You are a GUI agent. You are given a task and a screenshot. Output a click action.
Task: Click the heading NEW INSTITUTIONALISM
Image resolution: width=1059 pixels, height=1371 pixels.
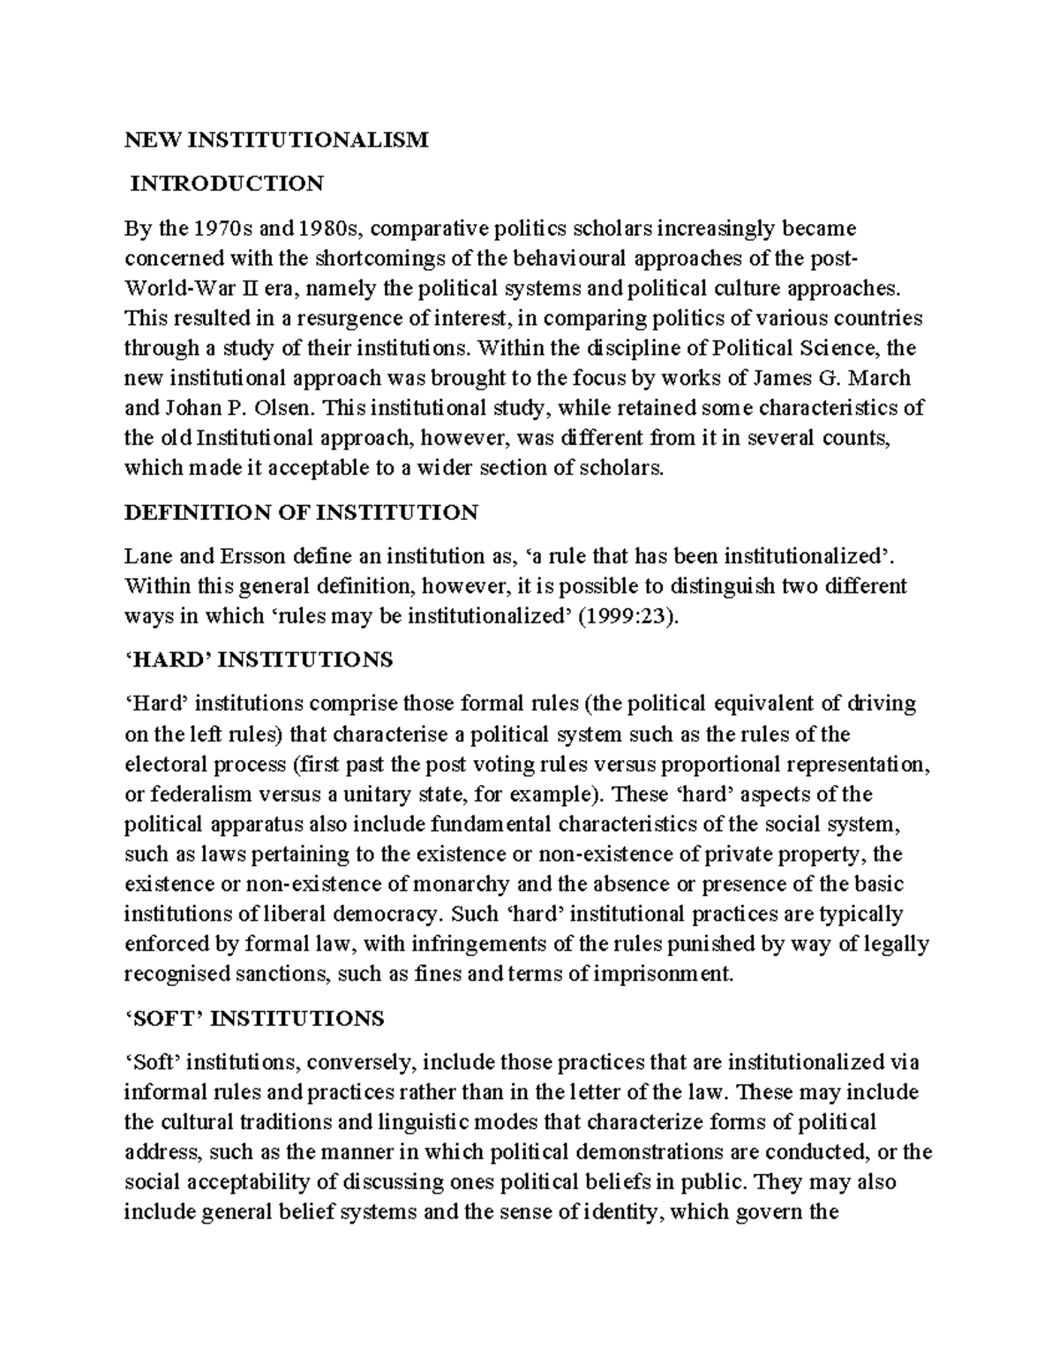coord(275,139)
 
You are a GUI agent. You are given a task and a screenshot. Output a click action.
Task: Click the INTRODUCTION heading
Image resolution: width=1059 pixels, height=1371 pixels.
coord(228,184)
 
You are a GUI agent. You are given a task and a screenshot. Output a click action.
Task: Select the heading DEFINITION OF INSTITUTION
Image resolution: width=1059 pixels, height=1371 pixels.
coord(301,512)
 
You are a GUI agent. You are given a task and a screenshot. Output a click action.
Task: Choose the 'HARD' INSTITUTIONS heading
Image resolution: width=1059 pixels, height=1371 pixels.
coord(259,660)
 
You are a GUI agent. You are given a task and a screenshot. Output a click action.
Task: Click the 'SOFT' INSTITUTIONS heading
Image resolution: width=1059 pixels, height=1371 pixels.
coord(254,1018)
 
